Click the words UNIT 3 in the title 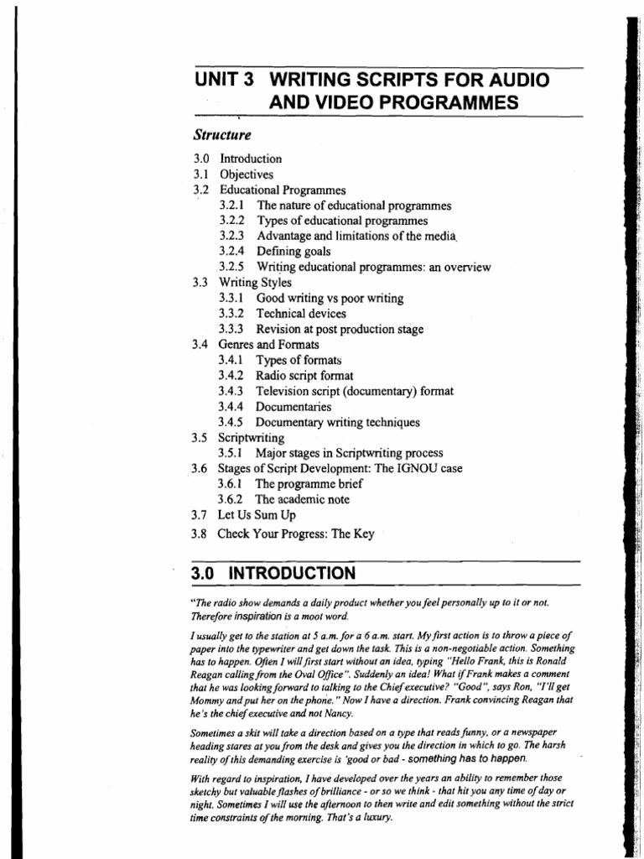pyautogui.click(x=223, y=81)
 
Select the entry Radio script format pyautogui.click(x=304, y=376)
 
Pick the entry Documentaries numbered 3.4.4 pyautogui.click(x=293, y=407)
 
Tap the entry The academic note pyautogui.click(x=303, y=499)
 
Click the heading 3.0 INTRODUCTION pyautogui.click(x=273, y=574)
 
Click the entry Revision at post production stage pyautogui.click(x=340, y=329)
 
